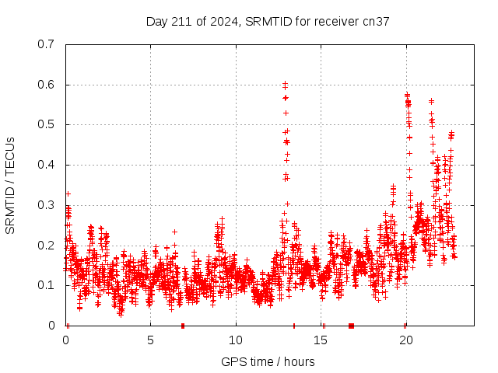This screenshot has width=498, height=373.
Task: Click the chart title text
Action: pyautogui.click(x=268, y=21)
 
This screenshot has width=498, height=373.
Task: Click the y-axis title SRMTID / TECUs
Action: pyautogui.click(x=10, y=185)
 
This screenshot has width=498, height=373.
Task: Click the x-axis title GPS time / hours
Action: pyautogui.click(x=268, y=361)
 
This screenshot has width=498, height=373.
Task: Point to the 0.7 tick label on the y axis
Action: pyautogui.click(x=47, y=44)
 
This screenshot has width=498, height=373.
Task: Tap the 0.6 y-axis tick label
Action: pyautogui.click(x=47, y=85)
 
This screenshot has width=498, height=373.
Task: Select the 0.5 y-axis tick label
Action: pyautogui.click(x=47, y=124)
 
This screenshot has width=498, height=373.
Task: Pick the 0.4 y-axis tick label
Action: pyautogui.click(x=47, y=165)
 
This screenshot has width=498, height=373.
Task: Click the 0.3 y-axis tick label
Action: pyautogui.click(x=47, y=205)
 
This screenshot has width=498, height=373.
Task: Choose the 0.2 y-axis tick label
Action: pyautogui.click(x=47, y=245)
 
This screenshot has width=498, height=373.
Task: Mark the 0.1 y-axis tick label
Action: pyautogui.click(x=47, y=285)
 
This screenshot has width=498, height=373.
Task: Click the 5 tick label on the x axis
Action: pyautogui.click(x=150, y=340)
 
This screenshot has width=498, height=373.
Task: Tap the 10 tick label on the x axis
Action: pyautogui.click(x=236, y=340)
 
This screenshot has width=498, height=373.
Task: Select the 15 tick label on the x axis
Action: pyautogui.click(x=321, y=340)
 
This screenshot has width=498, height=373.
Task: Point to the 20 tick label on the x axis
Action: pyautogui.click(x=406, y=340)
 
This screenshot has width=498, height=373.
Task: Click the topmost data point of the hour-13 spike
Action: pyautogui.click(x=285, y=83)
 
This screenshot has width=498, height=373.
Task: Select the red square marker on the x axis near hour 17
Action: pyautogui.click(x=351, y=326)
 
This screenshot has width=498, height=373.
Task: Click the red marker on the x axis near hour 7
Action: pyautogui.click(x=183, y=326)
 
